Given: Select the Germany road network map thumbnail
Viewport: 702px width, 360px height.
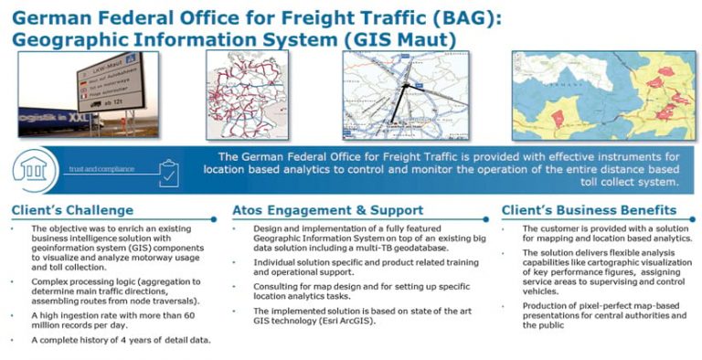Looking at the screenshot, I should pos(248,93).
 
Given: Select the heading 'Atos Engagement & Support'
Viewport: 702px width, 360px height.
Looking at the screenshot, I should pos(328,210).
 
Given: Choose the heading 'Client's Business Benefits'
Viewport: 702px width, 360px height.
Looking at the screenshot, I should pos(589,210).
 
